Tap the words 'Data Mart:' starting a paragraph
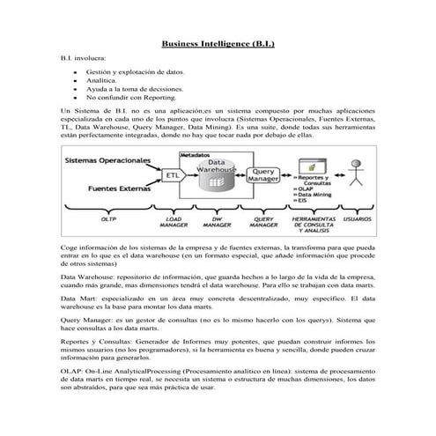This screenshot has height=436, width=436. [79, 299]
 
